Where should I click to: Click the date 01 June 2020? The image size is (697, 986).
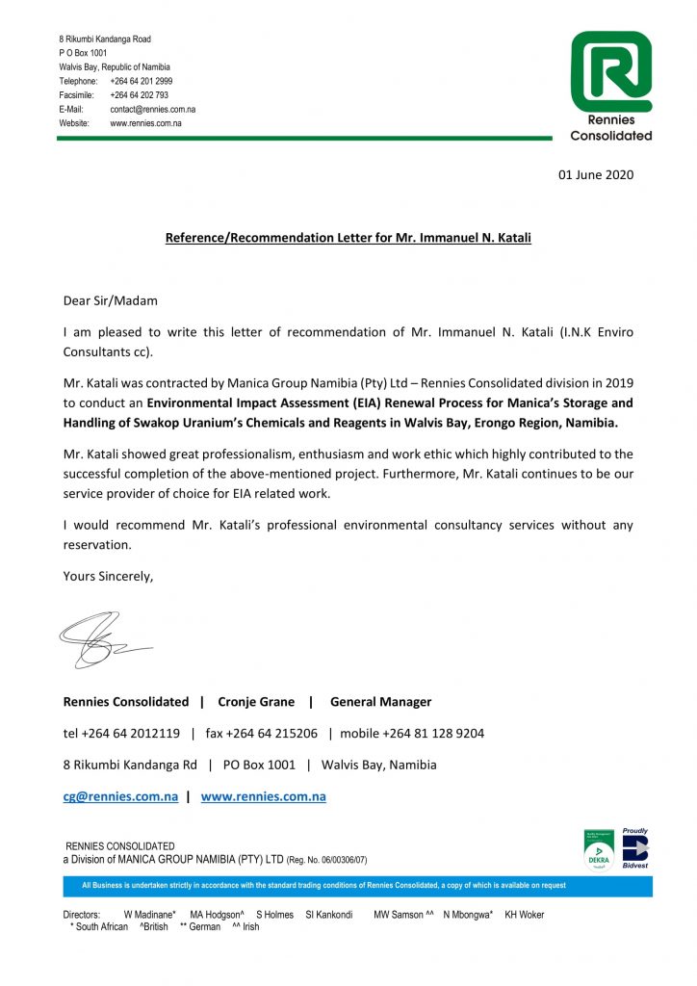(597, 175)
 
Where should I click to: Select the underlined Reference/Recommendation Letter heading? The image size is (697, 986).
(348, 237)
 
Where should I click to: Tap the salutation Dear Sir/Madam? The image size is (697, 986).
(110, 300)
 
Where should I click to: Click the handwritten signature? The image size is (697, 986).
(101, 640)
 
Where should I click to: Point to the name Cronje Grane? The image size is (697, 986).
(256, 702)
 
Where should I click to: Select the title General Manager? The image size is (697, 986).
(380, 702)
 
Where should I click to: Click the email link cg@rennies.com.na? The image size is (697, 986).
(120, 796)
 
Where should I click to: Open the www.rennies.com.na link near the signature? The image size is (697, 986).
(263, 796)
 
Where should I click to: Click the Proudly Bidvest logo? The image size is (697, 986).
(635, 847)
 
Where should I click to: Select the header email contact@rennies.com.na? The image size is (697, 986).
(152, 110)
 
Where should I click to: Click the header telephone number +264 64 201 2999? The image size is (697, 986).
(142, 81)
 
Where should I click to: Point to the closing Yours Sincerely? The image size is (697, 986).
(108, 576)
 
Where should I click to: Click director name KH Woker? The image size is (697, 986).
(525, 915)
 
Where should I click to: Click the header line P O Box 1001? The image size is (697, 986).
(83, 53)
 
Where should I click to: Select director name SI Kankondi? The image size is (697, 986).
(328, 915)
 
